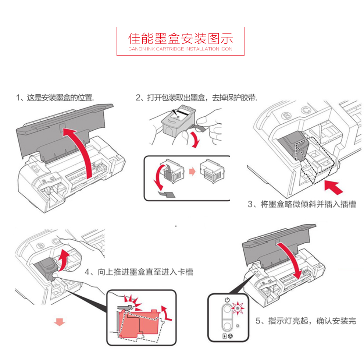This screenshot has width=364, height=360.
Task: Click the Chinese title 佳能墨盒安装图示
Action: click(181, 38)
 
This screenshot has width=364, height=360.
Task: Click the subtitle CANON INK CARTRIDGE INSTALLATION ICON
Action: click(181, 49)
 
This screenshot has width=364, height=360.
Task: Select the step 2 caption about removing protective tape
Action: click(197, 98)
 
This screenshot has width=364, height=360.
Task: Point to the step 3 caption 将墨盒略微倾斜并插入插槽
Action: click(301, 204)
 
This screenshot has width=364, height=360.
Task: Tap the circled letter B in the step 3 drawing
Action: click(286, 116)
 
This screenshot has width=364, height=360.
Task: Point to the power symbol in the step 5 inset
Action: click(227, 300)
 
